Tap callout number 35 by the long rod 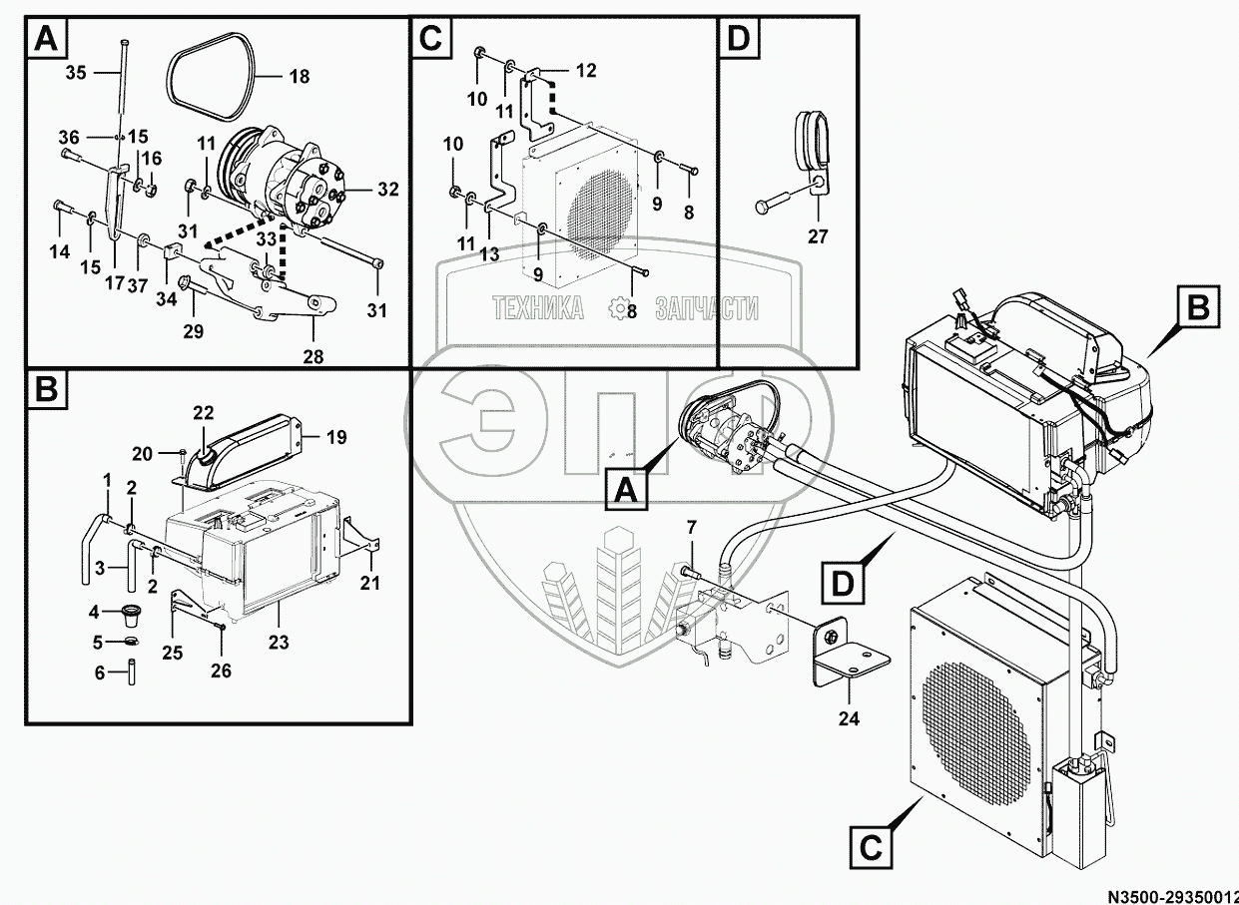pyautogui.click(x=76, y=72)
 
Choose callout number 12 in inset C pyautogui.click(x=585, y=70)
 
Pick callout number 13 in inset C pyautogui.click(x=488, y=254)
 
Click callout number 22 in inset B pyautogui.click(x=204, y=413)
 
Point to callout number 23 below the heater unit pyautogui.click(x=279, y=642)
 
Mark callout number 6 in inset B pyautogui.click(x=99, y=673)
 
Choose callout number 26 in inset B pyautogui.click(x=220, y=671)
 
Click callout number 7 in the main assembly pyautogui.click(x=690, y=526)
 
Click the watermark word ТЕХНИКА pyautogui.click(x=538, y=309)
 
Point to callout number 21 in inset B pyautogui.click(x=370, y=582)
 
